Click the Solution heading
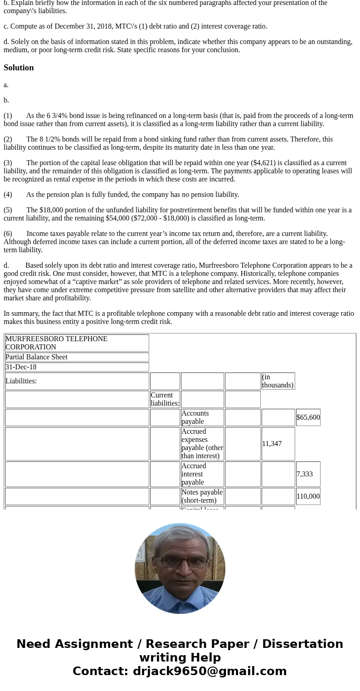click(x=19, y=68)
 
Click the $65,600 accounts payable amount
click(x=308, y=417)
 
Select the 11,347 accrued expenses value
click(x=272, y=444)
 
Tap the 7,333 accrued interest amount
click(x=304, y=474)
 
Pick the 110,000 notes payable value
click(x=308, y=496)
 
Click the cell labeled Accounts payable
click(x=195, y=417)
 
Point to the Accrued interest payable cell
click(x=194, y=474)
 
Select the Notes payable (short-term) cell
click(x=202, y=496)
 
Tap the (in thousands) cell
click(x=277, y=381)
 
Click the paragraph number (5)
click(x=8, y=210)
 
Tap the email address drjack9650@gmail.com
click(x=209, y=671)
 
